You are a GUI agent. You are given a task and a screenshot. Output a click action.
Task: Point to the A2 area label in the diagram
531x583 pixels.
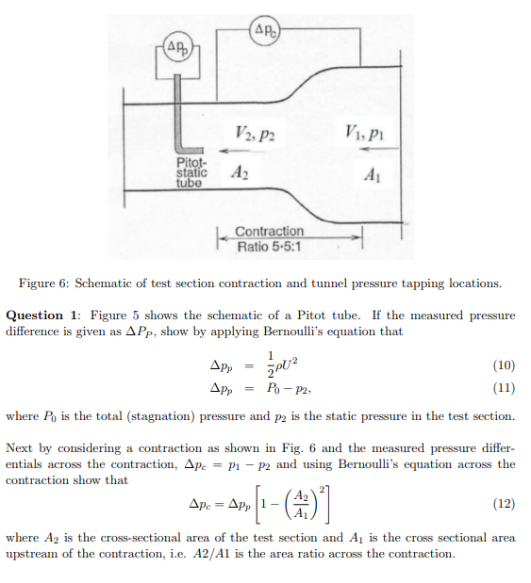pos(240,174)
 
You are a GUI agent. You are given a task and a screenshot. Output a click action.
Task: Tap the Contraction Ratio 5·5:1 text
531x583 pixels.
pos(269,238)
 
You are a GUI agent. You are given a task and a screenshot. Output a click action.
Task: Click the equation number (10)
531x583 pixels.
pos(504,364)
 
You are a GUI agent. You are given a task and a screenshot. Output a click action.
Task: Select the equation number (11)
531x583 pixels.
pos(504,387)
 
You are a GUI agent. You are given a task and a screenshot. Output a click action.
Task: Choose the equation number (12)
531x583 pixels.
pos(504,504)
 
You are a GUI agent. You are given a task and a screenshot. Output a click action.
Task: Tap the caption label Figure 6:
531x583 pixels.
pos(42,283)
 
